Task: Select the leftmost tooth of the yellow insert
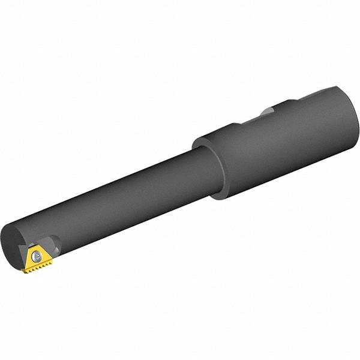coord(25,271)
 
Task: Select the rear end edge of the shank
coord(354,120)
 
